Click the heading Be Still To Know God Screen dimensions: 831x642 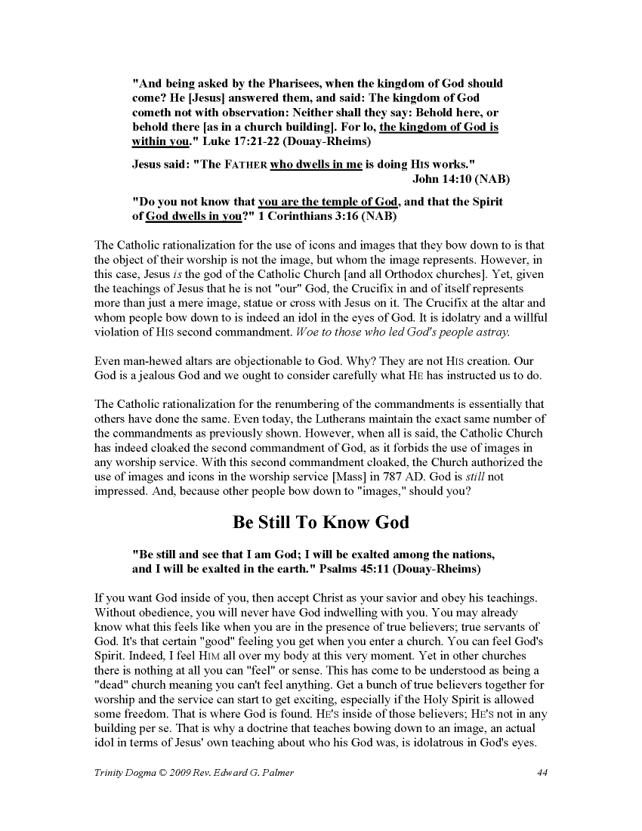point(321,522)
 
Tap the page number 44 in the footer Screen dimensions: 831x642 point(542,771)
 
